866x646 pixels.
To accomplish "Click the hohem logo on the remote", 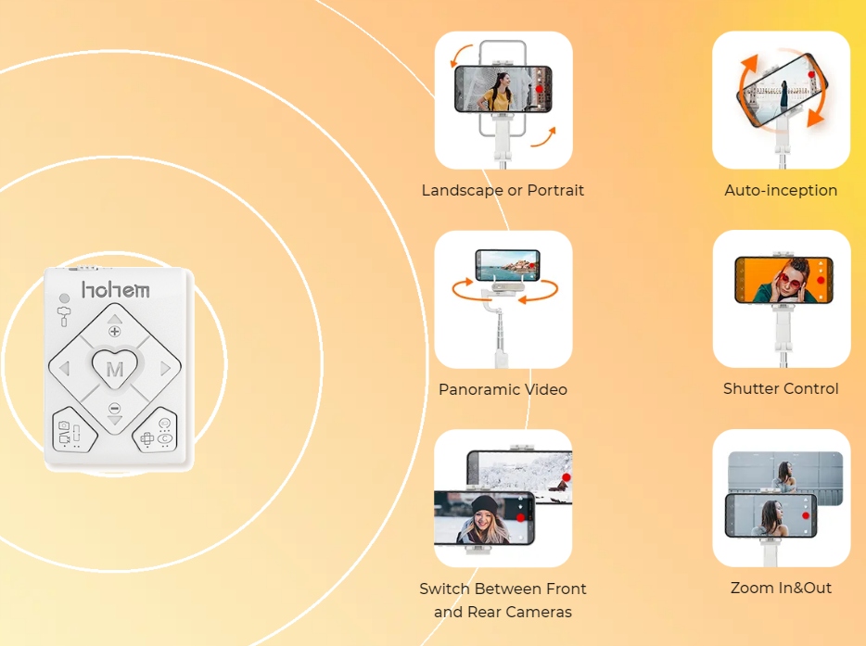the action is pyautogui.click(x=115, y=289).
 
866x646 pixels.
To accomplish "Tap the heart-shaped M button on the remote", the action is pyautogui.click(x=115, y=367).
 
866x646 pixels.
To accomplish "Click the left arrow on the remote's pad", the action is pyautogui.click(x=65, y=368).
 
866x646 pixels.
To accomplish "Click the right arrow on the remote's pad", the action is pyautogui.click(x=165, y=368).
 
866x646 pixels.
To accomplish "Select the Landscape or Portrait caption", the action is pyautogui.click(x=503, y=191).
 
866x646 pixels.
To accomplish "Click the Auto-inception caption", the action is pyautogui.click(x=781, y=191).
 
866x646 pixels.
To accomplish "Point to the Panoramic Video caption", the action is pyautogui.click(x=503, y=389).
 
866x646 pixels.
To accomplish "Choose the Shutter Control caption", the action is pyautogui.click(x=781, y=388).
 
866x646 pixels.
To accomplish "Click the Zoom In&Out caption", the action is pyautogui.click(x=781, y=588).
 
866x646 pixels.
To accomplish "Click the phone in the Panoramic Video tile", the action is pyautogui.click(x=507, y=265).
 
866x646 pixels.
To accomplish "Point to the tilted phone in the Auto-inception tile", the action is pyautogui.click(x=782, y=90).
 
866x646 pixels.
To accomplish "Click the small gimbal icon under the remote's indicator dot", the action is pyautogui.click(x=64, y=316).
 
